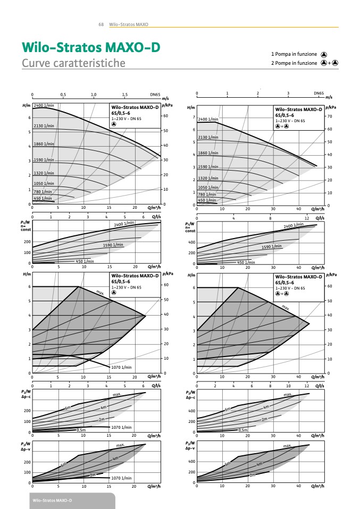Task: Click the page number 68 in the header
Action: pyautogui.click(x=101, y=24)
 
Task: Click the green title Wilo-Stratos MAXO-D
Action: pyautogui.click(x=90, y=47)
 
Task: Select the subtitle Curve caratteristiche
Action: pyautogui.click(x=73, y=63)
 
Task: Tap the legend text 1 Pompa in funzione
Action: pyautogui.click(x=294, y=54)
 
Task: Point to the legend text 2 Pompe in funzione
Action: pyautogui.click(x=294, y=63)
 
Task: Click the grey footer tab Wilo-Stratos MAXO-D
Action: pyautogui.click(x=52, y=501)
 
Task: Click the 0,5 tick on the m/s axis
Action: pyautogui.click(x=63, y=95)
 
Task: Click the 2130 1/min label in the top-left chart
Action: pyautogui.click(x=44, y=125)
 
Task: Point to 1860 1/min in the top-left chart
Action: pyautogui.click(x=44, y=144)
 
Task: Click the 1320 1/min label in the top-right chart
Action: pyautogui.click(x=209, y=179)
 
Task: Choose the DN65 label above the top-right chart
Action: pyautogui.click(x=319, y=94)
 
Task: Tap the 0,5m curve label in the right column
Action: pyautogui.click(x=242, y=430)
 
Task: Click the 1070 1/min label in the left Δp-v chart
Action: pyautogui.click(x=121, y=478)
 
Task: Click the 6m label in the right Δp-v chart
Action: pyautogui.click(x=228, y=464)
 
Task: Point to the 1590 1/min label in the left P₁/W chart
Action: pyautogui.click(x=113, y=245)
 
